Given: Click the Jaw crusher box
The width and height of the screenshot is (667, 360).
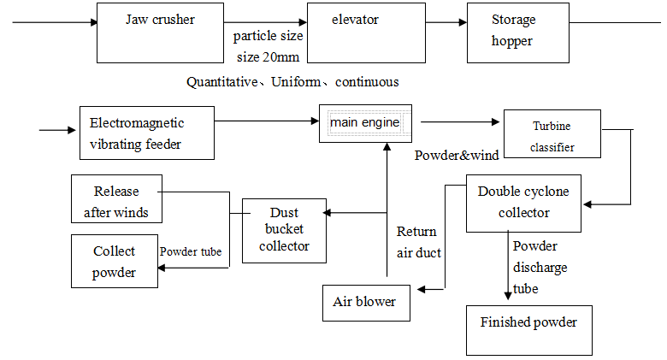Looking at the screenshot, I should [x=161, y=32].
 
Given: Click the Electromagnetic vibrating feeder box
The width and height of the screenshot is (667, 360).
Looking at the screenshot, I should [x=146, y=133].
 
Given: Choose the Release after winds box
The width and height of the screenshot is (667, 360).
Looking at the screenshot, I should [x=116, y=201].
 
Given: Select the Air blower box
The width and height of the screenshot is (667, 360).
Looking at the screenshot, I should [x=365, y=302].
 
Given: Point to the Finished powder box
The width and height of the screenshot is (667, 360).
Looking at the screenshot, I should [x=528, y=329].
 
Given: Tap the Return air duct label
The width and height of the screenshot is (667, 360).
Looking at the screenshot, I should [x=418, y=242].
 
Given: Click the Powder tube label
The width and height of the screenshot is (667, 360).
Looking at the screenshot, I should [x=191, y=251].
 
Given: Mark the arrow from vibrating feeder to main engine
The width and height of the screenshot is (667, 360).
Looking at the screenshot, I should [x=265, y=122].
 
